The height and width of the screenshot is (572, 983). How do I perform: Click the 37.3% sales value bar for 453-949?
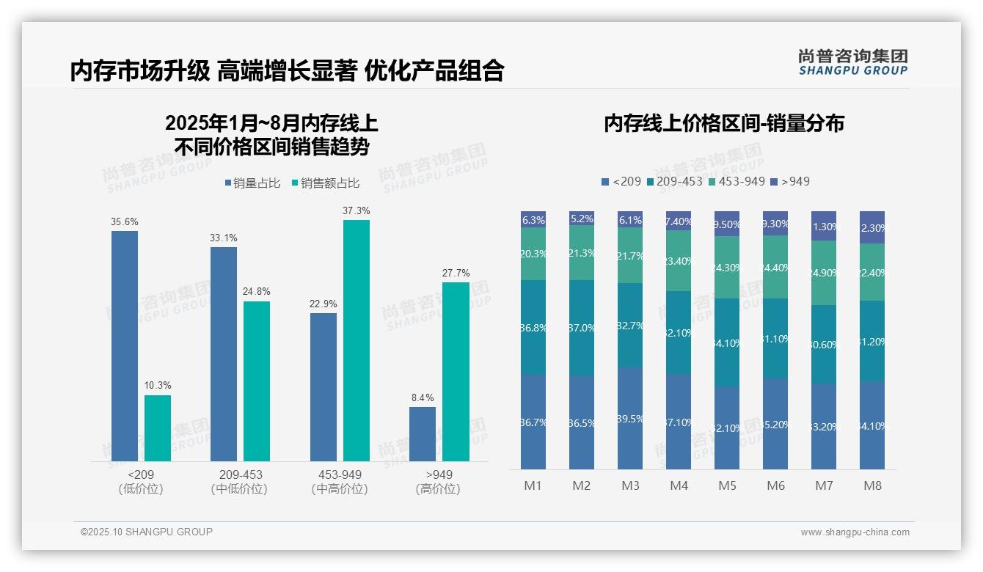(357, 340)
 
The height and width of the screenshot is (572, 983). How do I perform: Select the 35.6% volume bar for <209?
(125, 346)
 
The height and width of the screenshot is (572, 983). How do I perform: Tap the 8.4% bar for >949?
(423, 434)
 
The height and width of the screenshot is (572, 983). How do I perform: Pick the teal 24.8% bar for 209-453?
(257, 381)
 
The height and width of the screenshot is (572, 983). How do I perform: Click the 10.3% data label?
(158, 386)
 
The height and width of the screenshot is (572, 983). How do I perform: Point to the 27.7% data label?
(456, 273)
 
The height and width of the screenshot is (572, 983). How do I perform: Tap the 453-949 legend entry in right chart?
(737, 181)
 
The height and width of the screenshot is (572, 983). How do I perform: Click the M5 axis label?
(727, 485)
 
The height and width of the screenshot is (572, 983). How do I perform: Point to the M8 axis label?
(872, 485)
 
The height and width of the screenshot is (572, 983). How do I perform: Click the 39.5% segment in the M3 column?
(630, 418)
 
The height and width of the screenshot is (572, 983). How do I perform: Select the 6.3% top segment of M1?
(533, 219)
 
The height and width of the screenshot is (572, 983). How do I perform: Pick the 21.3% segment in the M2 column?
(582, 253)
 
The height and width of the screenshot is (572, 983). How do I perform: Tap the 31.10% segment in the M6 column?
(775, 338)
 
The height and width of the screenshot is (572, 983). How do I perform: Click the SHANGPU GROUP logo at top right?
(852, 62)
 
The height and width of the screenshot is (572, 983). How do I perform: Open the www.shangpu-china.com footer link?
(855, 532)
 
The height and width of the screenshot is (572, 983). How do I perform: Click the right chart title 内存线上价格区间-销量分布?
(724, 123)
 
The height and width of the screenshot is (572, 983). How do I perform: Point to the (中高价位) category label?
(340, 489)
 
